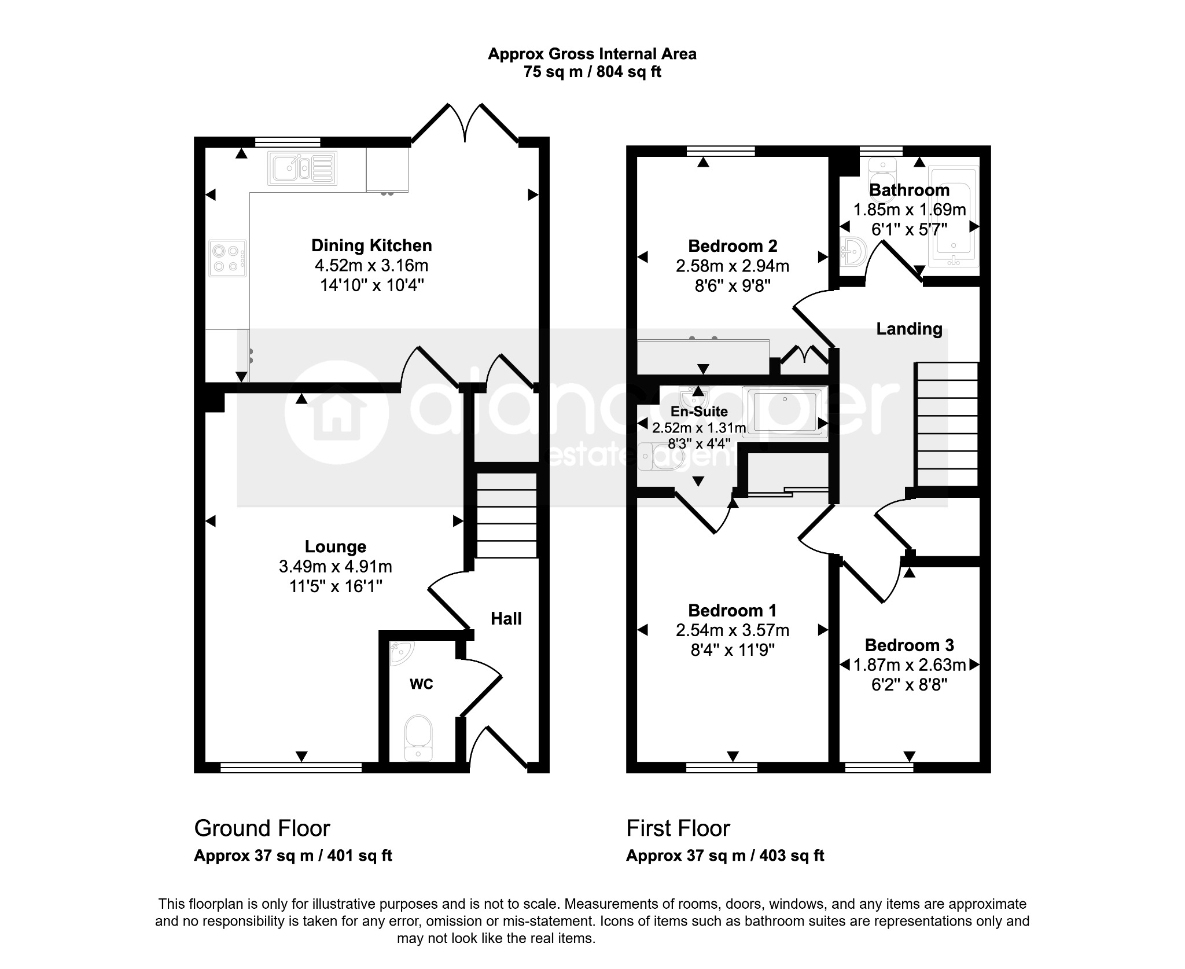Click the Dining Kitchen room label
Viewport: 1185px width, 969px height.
coord(371,245)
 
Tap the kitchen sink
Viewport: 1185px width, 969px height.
coord(302,168)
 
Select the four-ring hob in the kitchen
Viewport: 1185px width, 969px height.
coord(228,258)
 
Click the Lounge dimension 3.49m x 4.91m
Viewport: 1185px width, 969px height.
coord(336,567)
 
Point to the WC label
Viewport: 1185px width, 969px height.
coord(421,684)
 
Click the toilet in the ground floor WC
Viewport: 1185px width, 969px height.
coord(418,738)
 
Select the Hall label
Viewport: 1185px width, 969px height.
coord(506,619)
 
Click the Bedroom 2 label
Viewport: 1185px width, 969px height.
coord(733,246)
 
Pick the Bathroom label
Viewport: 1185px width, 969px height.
coord(909,190)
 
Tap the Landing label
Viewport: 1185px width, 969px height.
coord(909,329)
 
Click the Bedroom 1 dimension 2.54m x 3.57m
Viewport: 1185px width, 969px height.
coord(733,630)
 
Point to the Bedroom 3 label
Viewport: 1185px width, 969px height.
coord(909,645)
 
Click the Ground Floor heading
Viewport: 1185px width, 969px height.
coord(262,828)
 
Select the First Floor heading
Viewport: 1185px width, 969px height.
coord(678,828)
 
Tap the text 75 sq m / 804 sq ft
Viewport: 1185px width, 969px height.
coord(592,72)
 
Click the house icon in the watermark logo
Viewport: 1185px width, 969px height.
coord(336,412)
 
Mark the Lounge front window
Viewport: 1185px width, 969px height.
coord(291,768)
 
